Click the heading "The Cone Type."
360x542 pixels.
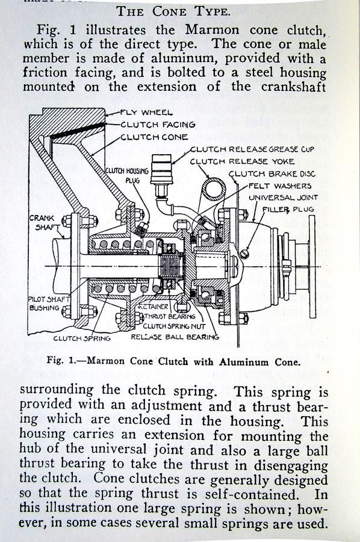[173, 11]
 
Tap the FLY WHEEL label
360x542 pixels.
[146, 113]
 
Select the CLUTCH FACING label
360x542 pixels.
[158, 125]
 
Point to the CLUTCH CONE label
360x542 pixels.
[154, 137]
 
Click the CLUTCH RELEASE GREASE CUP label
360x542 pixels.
[252, 149]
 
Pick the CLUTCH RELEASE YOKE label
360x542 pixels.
[242, 161]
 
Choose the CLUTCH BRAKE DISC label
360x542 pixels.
[273, 173]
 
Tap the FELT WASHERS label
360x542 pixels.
[280, 186]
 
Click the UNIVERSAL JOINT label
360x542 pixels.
[283, 198]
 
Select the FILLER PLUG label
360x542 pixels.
[288, 210]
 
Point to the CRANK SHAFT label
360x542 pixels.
[42, 223]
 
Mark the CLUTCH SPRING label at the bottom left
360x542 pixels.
[82, 338]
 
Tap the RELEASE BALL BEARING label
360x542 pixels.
[175, 337]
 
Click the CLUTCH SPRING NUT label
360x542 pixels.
[174, 326]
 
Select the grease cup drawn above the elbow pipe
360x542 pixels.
[161, 169]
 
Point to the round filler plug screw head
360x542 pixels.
[244, 254]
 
